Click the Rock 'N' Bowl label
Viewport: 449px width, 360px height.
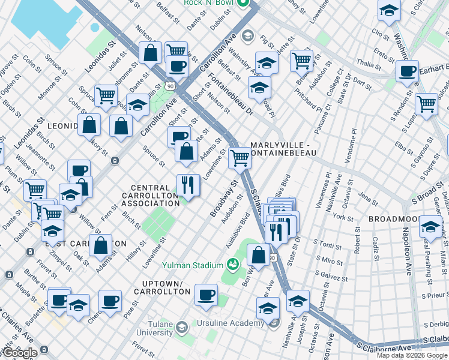[209, 3]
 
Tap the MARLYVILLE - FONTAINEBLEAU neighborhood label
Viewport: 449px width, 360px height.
[289, 149]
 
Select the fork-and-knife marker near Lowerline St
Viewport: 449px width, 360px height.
[188, 185]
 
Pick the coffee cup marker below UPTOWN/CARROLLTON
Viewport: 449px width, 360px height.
[206, 295]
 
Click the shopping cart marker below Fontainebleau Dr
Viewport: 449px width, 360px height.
[240, 158]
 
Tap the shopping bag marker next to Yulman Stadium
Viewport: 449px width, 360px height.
[258, 254]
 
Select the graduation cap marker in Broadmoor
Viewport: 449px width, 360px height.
[430, 227]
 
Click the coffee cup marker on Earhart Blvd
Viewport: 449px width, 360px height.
[407, 70]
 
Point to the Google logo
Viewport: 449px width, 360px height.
[20, 353]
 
